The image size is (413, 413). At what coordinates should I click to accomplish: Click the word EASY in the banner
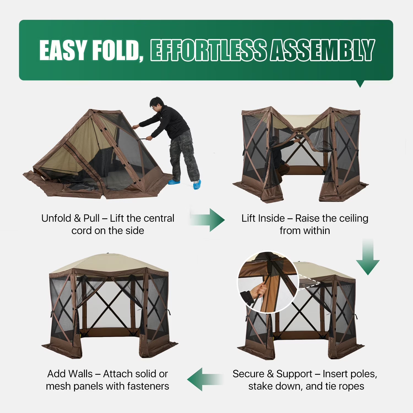click(x=63, y=50)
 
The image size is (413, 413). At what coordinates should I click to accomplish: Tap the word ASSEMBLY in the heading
click(x=322, y=50)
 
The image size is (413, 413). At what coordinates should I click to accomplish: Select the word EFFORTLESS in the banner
click(x=208, y=50)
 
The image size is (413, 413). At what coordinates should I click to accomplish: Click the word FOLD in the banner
click(x=116, y=50)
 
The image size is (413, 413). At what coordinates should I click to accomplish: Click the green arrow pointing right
click(x=208, y=220)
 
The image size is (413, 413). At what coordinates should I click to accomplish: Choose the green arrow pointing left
click(x=205, y=379)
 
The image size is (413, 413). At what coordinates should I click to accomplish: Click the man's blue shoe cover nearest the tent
click(x=174, y=182)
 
